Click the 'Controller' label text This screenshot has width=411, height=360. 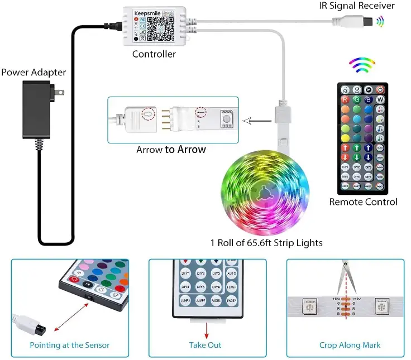[x=154, y=54]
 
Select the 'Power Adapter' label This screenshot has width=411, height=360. [x=34, y=73]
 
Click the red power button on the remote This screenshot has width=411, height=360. [x=380, y=89]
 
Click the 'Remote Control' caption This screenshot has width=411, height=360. [x=363, y=202]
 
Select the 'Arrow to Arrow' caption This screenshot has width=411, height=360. [x=171, y=150]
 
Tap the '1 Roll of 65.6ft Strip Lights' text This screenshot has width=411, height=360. [x=266, y=243]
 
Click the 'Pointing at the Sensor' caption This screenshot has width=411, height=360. [x=70, y=345]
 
